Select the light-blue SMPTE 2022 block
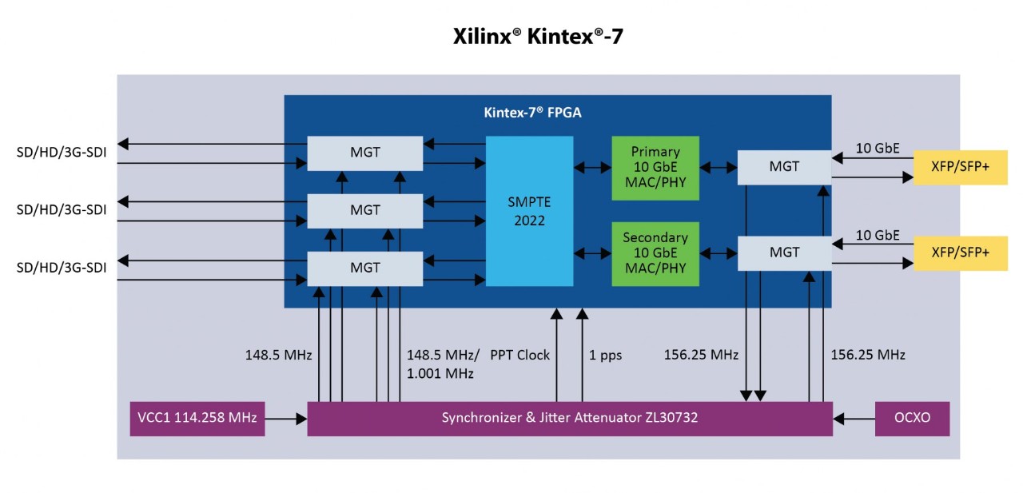[x=529, y=211]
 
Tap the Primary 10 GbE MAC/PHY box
[x=655, y=168]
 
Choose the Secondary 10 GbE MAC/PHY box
[x=655, y=253]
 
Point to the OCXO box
[x=912, y=418]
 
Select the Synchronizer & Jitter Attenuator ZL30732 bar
[x=570, y=418]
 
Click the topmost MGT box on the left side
[x=365, y=153]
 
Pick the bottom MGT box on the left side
[x=365, y=268]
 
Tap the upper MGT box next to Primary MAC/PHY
[x=784, y=166]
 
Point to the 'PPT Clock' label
[x=519, y=355]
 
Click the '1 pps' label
[x=605, y=355]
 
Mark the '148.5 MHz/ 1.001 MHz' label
[x=443, y=364]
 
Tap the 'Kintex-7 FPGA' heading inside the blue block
[x=532, y=113]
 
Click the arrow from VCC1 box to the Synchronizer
[x=286, y=418]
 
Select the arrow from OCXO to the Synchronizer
[x=854, y=418]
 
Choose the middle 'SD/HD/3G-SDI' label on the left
[x=62, y=209]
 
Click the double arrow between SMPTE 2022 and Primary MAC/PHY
[x=592, y=168]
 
